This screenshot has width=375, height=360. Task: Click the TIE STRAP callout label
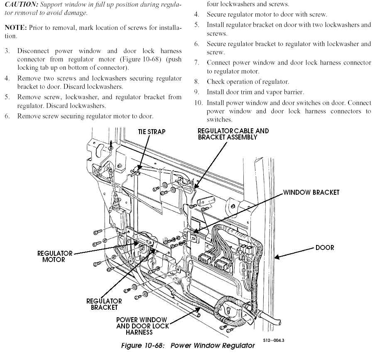point(152,132)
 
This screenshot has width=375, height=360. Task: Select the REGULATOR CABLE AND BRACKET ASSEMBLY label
point(233,134)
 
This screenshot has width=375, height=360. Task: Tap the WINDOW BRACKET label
point(311,192)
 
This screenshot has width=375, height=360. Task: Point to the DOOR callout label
point(324,247)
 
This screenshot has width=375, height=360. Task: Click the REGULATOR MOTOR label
point(55,256)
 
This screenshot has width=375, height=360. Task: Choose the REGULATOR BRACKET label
point(104,304)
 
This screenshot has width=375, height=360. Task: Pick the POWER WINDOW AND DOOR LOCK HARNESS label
point(142,326)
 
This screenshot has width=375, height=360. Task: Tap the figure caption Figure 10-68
point(188,345)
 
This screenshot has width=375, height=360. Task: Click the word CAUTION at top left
point(18,5)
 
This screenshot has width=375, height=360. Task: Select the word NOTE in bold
point(14,27)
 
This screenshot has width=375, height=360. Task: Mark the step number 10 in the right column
point(199,103)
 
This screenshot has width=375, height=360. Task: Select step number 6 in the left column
point(7,116)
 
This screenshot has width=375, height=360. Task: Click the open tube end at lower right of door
point(280,322)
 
